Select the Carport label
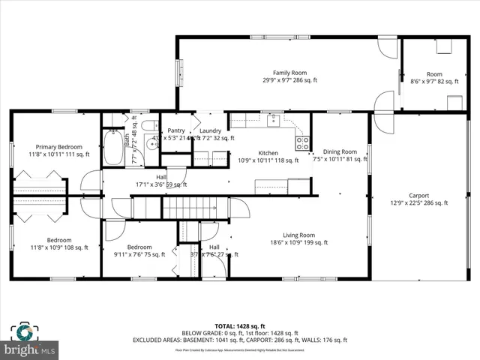click(x=418, y=195)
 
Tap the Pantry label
click(x=176, y=130)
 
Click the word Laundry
click(x=210, y=130)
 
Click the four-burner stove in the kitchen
click(x=302, y=142)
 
